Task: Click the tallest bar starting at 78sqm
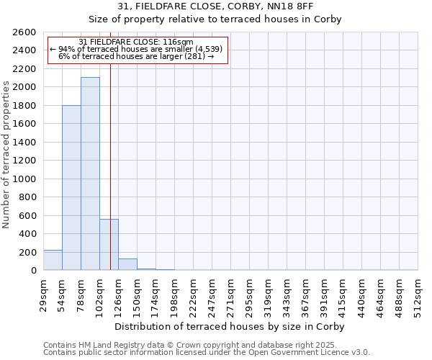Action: pyautogui.click(x=90, y=174)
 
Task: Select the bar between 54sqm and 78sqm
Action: pyautogui.click(x=71, y=187)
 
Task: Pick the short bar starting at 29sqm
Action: pyautogui.click(x=53, y=260)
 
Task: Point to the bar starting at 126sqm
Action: pyautogui.click(x=127, y=264)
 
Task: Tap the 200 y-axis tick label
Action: pyautogui.click(x=28, y=253)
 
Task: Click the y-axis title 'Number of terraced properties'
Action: pyautogui.click(x=6, y=155)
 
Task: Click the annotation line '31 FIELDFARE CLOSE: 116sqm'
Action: pyautogui.click(x=136, y=42)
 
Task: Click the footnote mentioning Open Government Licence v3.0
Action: pyautogui.click(x=207, y=353)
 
